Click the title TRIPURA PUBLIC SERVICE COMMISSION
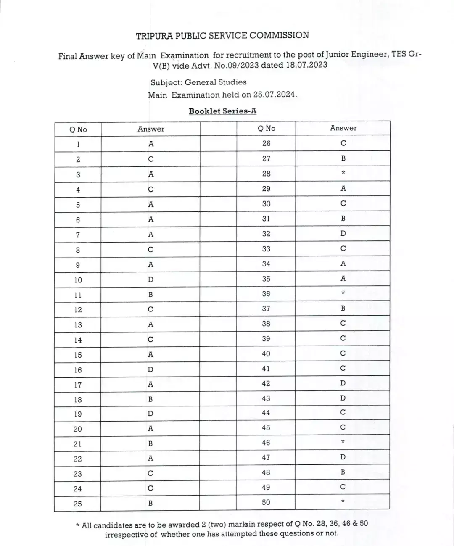pyautogui.click(x=222, y=36)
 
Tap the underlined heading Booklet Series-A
pyautogui.click(x=222, y=111)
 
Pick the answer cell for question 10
pyautogui.click(x=150, y=280)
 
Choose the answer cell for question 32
pyautogui.click(x=343, y=233)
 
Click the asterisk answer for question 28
pyautogui.click(x=343, y=173)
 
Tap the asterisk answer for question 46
pyautogui.click(x=343, y=442)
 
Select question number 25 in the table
pyautogui.click(x=78, y=504)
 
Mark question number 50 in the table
pyautogui.click(x=266, y=502)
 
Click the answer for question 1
pyautogui.click(x=150, y=144)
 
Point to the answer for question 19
pyautogui.click(x=150, y=414)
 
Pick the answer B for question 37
pyautogui.click(x=343, y=309)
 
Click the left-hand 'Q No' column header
pyautogui.click(x=78, y=129)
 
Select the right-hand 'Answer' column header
pyautogui.click(x=343, y=128)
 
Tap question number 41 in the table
pyautogui.click(x=266, y=369)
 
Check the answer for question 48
pyautogui.click(x=343, y=472)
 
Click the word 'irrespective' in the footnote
pyautogui.click(x=125, y=535)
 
